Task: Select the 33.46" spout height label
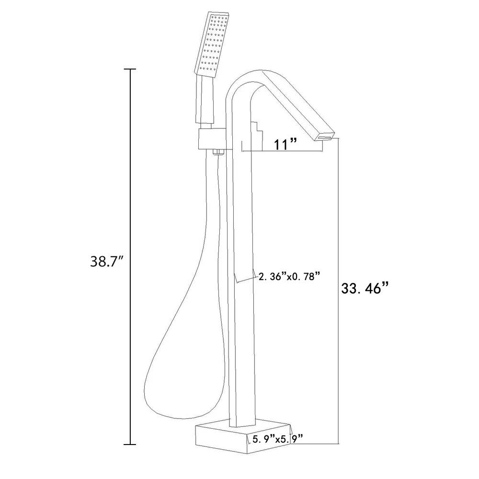click(364, 289)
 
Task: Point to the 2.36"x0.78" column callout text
click(288, 276)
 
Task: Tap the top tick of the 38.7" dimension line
click(130, 70)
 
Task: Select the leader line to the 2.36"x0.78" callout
click(246, 279)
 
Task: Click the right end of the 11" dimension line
click(322, 152)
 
